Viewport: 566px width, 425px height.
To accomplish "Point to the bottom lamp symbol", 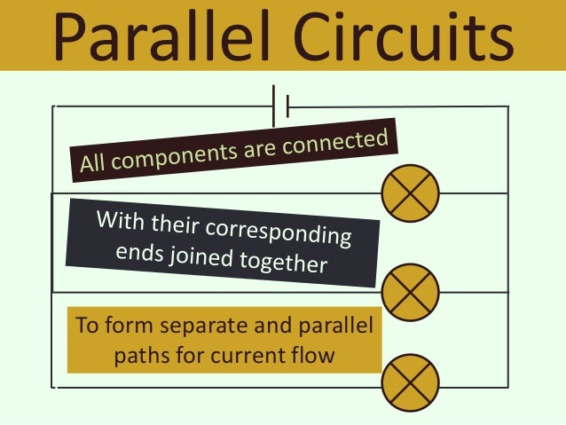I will (410, 383).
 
